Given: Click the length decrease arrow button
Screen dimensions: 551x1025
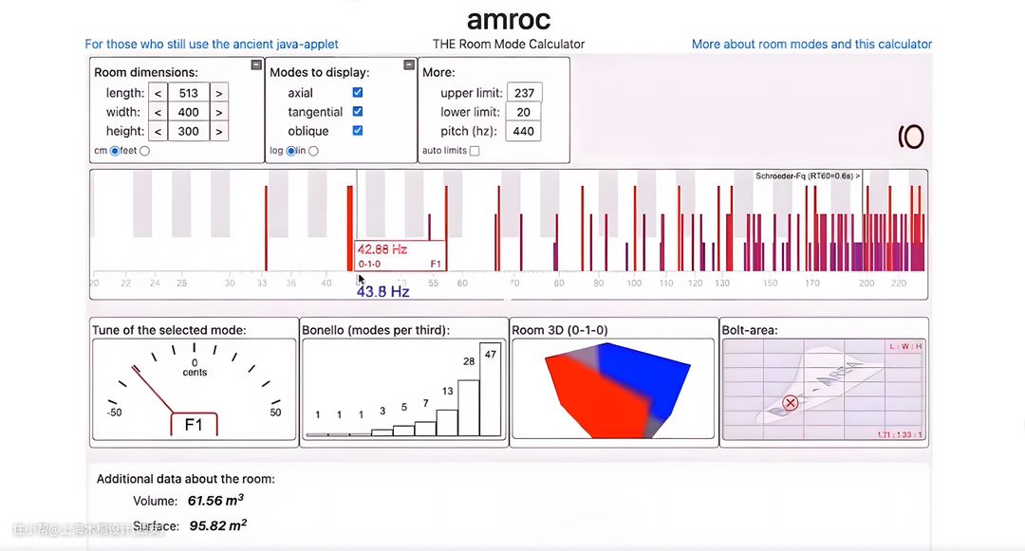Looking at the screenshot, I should (158, 93).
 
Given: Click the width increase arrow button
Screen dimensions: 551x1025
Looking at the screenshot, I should (218, 112).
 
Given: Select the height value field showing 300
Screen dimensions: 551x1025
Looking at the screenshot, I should (188, 131).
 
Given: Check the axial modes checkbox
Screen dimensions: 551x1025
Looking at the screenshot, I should (358, 93).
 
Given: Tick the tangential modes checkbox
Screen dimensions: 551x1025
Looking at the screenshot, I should (358, 112).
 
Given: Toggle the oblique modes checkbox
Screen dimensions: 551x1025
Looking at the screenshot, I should (358, 131).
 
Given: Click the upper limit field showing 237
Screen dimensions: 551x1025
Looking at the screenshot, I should (524, 93).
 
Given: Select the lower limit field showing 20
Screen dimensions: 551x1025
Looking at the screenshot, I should (524, 112).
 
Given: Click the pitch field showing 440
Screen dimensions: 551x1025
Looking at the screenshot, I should (524, 131).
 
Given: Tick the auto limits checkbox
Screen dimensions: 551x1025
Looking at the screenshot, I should (475, 151).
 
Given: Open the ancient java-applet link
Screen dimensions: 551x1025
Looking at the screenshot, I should (212, 44).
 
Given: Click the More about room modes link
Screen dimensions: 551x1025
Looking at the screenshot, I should (811, 44).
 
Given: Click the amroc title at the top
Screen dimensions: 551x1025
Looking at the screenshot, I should (509, 19).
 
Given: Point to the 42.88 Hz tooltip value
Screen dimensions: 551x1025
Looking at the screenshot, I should (382, 249).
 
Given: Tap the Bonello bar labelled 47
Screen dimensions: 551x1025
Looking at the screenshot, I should (490, 389).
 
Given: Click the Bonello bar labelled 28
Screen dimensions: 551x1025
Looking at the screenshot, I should (469, 408).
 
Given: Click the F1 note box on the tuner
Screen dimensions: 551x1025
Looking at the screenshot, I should (194, 425).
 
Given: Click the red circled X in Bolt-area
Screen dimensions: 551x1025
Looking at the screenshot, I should (791, 402).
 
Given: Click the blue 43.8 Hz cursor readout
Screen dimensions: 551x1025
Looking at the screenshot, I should (382, 292).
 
